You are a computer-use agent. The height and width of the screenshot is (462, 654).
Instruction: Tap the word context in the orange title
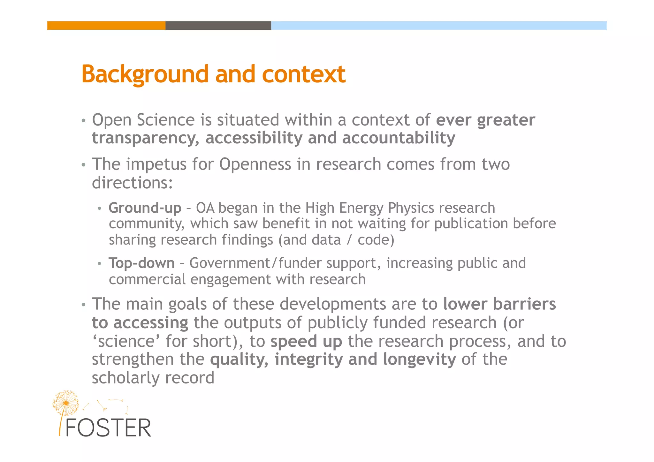click(304, 74)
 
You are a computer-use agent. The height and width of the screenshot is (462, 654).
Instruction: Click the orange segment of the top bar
click(106, 26)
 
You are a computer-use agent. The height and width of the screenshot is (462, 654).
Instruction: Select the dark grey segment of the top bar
click(218, 26)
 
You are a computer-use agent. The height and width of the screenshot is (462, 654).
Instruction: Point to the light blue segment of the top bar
click(438, 26)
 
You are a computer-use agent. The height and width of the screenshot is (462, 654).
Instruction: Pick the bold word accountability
click(399, 138)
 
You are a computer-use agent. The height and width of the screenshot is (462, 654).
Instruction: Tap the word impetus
click(156, 164)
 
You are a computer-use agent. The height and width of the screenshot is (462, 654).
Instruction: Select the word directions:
click(132, 183)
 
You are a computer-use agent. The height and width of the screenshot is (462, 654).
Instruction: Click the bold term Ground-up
click(145, 208)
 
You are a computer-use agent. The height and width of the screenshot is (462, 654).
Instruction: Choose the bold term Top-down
click(141, 263)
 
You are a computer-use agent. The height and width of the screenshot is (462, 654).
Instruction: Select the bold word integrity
click(308, 360)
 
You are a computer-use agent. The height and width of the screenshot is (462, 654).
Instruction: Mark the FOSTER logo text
click(108, 428)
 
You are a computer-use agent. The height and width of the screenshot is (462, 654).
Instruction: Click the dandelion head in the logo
click(66, 403)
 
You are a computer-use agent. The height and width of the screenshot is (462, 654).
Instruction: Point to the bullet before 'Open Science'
click(84, 121)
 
